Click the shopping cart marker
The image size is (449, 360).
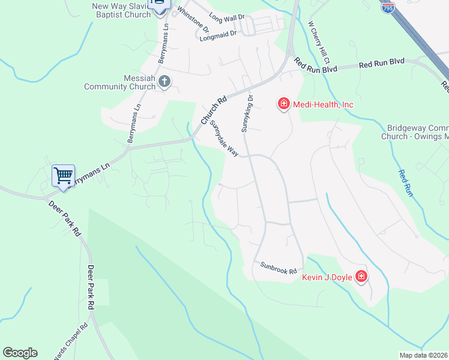63,176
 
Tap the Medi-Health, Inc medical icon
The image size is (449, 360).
283,104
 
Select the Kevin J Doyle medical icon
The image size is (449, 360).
361,277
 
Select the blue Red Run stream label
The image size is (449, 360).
406,183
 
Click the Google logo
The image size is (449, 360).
20,353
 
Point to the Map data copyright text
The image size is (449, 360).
424,355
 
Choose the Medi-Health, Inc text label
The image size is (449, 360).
323,104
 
